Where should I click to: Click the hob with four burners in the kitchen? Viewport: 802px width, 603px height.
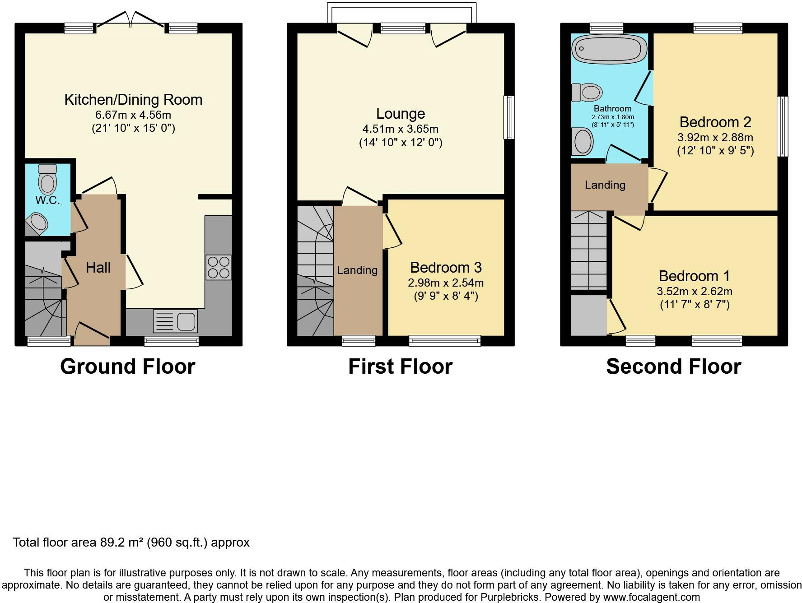click(219, 267)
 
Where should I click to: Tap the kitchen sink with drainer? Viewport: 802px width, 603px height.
click(175, 321)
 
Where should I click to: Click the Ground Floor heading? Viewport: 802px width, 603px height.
click(127, 366)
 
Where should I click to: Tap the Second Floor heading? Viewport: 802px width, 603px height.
click(673, 366)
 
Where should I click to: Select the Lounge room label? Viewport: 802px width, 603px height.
click(401, 113)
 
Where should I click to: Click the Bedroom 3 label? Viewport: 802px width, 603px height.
click(446, 267)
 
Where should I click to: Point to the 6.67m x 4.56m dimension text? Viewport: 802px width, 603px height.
click(133, 115)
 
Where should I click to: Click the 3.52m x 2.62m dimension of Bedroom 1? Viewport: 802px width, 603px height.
click(695, 291)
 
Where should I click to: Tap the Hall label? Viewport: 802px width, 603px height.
click(98, 267)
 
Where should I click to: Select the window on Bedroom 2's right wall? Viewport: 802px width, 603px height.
click(782, 126)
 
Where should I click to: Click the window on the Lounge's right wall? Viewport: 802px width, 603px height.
click(509, 117)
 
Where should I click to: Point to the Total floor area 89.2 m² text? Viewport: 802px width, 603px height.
click(131, 542)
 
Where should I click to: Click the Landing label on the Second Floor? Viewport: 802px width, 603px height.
click(605, 185)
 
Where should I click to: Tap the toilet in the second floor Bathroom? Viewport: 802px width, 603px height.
click(587, 93)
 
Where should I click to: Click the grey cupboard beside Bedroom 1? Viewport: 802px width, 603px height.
click(588, 315)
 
